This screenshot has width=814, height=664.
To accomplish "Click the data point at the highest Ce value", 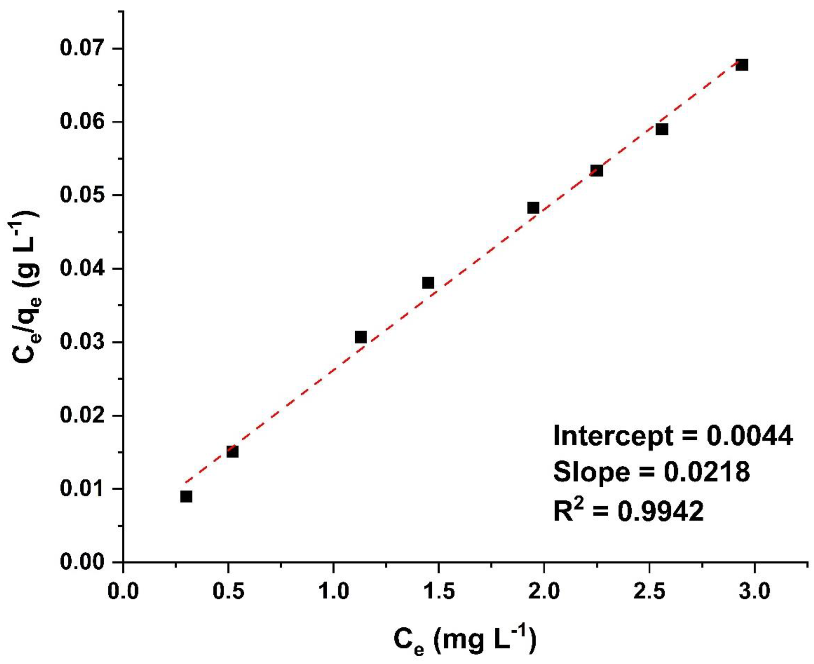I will tap(742, 65).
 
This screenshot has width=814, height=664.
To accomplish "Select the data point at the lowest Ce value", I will tap(186, 497).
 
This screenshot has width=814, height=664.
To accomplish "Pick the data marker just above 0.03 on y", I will tap(361, 337).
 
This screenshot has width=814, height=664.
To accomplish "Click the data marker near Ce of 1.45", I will tap(428, 283).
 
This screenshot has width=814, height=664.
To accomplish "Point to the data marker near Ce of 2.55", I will tap(662, 129).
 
